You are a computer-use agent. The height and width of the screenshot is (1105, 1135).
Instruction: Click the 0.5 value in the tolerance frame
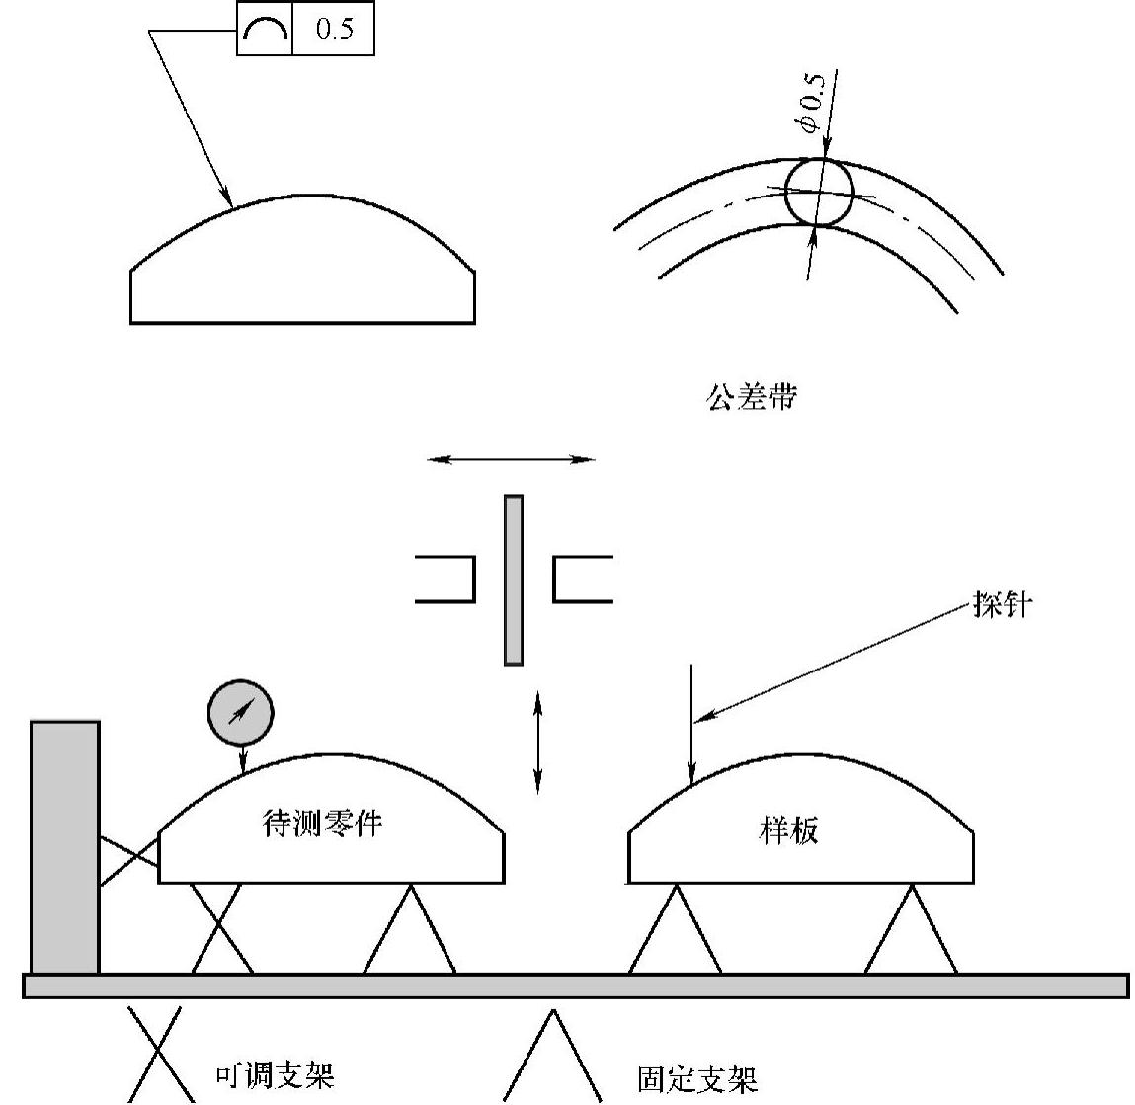pos(334,30)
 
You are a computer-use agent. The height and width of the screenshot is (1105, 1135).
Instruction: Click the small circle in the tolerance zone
pos(818,192)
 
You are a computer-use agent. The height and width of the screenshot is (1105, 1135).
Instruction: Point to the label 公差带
pos(752,397)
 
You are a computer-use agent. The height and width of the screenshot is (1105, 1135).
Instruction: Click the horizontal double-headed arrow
pos(511,459)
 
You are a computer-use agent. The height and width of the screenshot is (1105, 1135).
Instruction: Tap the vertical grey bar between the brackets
pos(514,580)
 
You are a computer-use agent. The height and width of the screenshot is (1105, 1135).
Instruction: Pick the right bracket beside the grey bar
pos(581,579)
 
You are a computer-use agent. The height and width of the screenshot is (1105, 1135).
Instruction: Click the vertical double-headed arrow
pos(537,743)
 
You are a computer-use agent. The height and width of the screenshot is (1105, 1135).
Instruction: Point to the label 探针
pos(1002,605)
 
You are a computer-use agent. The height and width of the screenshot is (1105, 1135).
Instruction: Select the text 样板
pos(788,830)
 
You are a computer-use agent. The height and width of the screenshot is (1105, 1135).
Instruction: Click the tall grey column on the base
pos(65,847)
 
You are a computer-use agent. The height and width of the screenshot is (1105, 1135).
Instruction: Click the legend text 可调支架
pos(275,1074)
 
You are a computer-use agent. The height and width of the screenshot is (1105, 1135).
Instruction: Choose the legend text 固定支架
pos(697,1078)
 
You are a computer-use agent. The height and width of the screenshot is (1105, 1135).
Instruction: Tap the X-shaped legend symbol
pos(155,1053)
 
